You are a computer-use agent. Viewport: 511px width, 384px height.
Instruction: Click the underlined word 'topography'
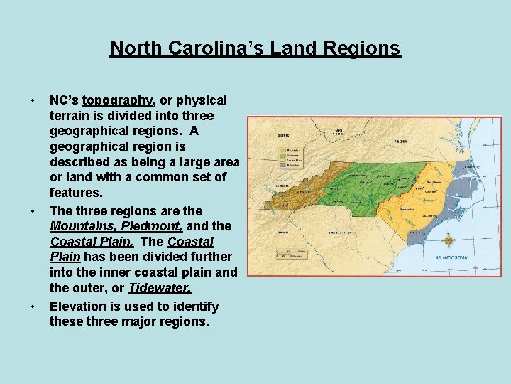[119, 100]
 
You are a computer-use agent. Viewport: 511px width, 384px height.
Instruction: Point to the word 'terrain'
[72, 115]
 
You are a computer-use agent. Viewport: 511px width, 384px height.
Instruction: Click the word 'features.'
[76, 192]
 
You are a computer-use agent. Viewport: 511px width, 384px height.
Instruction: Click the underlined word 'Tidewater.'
[160, 288]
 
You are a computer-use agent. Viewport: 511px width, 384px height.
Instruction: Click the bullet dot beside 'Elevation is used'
[33, 306]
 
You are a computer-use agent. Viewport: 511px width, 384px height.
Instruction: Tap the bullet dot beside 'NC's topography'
[33, 100]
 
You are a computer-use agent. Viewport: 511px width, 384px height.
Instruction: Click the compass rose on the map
[449, 240]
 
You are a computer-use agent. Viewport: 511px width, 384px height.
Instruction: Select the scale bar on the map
[291, 253]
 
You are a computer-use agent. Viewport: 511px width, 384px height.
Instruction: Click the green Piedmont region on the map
[362, 177]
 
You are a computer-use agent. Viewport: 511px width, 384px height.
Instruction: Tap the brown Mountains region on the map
[298, 186]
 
